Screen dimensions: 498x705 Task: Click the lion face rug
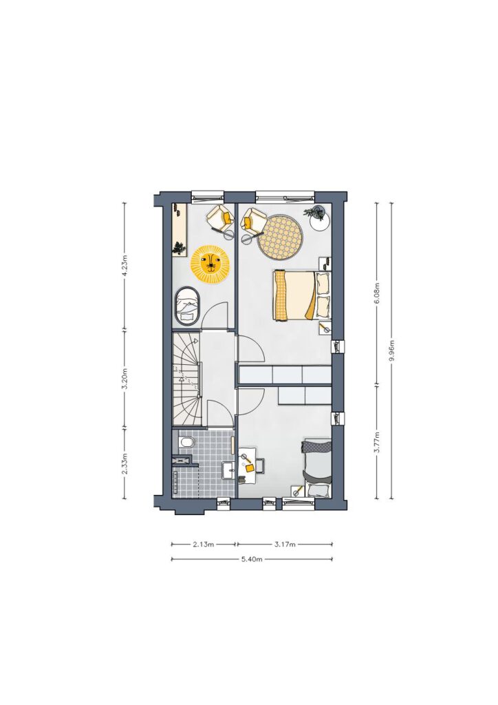tap(210, 264)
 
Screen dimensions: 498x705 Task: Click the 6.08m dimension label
tap(377, 293)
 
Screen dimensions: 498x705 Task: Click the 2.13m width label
tap(204, 545)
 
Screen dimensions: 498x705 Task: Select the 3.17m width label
tap(285, 545)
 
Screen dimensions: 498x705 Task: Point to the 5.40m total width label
tap(252, 559)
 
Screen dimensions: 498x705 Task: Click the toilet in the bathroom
tap(186, 443)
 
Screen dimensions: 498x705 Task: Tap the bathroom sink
tap(229, 471)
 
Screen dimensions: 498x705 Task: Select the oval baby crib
tap(187, 306)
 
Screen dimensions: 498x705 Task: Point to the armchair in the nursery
tap(221, 218)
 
